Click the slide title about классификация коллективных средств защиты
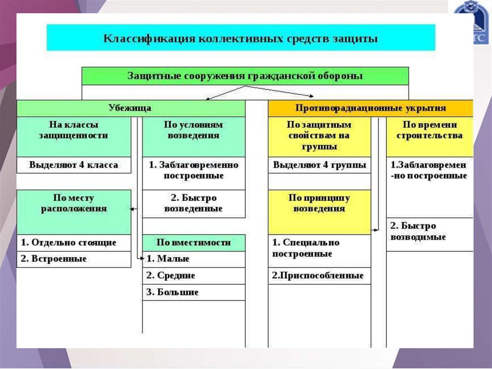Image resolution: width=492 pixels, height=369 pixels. [x=241, y=38]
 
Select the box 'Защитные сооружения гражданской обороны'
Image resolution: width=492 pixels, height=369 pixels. [x=245, y=76]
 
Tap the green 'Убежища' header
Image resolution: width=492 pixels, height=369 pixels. [x=131, y=108]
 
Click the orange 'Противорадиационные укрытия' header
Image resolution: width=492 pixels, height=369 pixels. [x=370, y=108]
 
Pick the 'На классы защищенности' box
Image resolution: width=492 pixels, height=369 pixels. [x=74, y=130]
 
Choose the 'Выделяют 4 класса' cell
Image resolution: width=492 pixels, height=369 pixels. [x=74, y=165]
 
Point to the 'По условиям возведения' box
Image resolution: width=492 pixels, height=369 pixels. [x=194, y=130]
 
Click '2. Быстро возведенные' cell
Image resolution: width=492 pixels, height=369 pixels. [x=194, y=204]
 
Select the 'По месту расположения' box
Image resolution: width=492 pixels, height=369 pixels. [x=74, y=204]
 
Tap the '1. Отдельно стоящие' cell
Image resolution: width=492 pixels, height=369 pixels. [x=74, y=242]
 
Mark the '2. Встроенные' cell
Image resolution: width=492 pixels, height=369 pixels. [x=74, y=259]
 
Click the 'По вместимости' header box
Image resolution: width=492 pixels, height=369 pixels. [x=194, y=242]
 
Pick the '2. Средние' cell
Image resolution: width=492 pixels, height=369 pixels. [x=194, y=276]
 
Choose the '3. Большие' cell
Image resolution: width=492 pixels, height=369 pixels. [x=194, y=292]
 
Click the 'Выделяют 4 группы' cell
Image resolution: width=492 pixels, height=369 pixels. [x=320, y=165]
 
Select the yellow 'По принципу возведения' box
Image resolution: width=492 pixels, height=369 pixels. [x=320, y=204]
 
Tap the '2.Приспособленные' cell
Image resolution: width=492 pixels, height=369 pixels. [x=320, y=276]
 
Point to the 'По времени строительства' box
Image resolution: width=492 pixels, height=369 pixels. [x=430, y=130]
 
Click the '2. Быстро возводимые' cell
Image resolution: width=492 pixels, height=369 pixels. [x=430, y=231]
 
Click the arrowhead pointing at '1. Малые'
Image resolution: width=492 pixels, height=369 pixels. [x=143, y=259]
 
